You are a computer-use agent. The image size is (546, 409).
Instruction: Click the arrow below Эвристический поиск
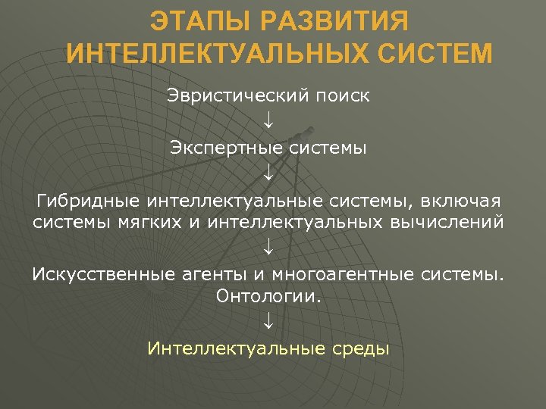click(268, 123)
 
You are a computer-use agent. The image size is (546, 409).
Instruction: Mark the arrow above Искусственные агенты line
click(268, 248)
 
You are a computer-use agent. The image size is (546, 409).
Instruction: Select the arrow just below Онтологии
click(268, 322)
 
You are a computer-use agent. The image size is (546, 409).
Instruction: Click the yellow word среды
click(360, 348)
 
